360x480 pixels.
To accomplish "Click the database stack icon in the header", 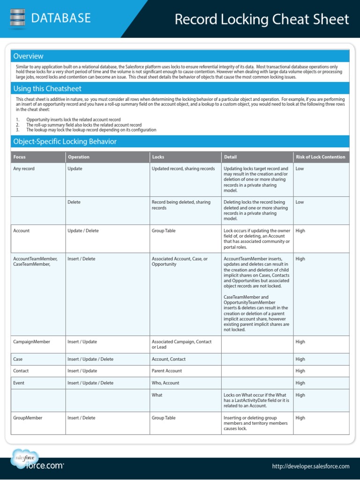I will point(17,19).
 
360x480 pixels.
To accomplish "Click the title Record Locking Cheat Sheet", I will point(262,19).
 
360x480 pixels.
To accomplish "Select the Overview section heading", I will point(29,56).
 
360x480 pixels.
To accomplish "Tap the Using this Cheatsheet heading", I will point(47,89).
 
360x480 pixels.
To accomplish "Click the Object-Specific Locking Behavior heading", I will point(65,142).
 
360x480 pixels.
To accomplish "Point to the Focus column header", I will point(20,157).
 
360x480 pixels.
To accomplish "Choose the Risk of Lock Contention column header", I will point(320,157).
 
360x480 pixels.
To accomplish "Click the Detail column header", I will point(230,157).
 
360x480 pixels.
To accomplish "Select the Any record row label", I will point(24,169).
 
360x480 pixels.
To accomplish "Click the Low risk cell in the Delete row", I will point(300,202).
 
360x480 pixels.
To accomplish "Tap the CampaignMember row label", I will point(31,342).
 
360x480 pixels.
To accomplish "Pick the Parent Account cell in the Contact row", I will point(166,371).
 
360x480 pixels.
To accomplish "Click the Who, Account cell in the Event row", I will point(165,383).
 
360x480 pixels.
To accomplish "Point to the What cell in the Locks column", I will point(157,395).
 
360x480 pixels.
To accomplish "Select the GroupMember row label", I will point(28,418).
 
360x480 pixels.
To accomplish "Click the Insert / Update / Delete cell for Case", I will point(90,359).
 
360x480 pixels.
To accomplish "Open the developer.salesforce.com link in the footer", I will point(310,466).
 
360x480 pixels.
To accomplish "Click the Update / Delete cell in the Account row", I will point(83,231).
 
